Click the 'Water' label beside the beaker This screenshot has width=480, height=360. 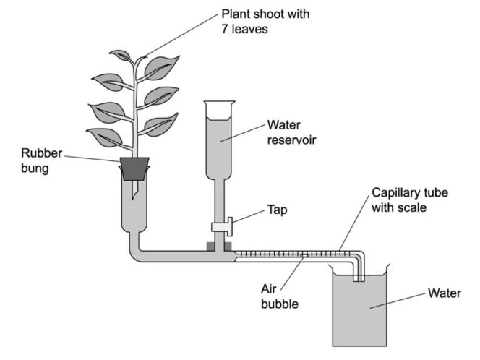443,293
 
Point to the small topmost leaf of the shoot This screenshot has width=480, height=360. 120,55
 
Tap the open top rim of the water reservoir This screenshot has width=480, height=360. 220,103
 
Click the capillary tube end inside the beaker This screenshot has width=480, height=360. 356,276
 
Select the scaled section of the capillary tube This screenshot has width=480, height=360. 289,254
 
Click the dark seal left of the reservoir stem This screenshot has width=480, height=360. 211,247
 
